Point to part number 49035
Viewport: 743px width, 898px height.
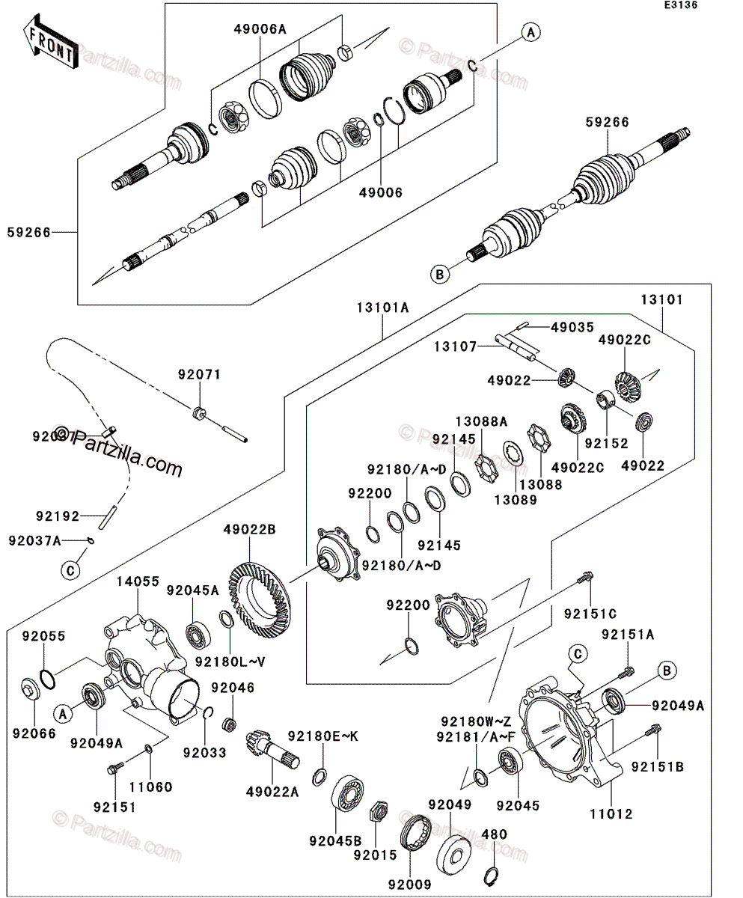click(x=572, y=327)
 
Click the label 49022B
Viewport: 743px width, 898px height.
click(x=249, y=531)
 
